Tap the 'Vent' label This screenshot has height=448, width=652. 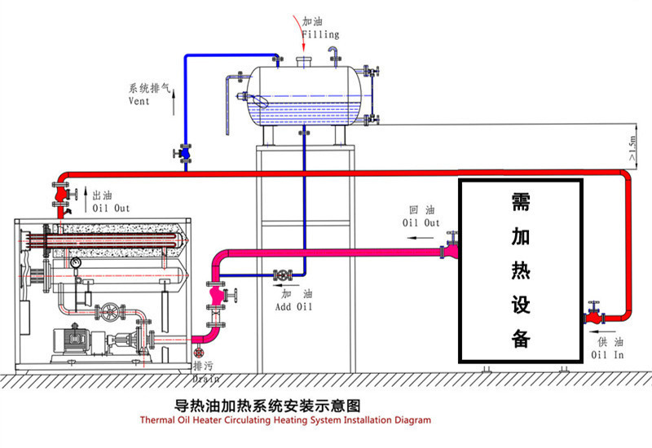[139, 102]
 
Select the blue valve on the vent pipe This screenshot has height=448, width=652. [185, 152]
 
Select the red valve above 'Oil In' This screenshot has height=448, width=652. [593, 314]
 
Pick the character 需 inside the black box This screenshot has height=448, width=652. [521, 202]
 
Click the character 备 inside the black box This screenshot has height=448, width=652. [521, 337]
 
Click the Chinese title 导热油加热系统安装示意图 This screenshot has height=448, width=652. [268, 405]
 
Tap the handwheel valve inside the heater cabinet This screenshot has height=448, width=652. [108, 312]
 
